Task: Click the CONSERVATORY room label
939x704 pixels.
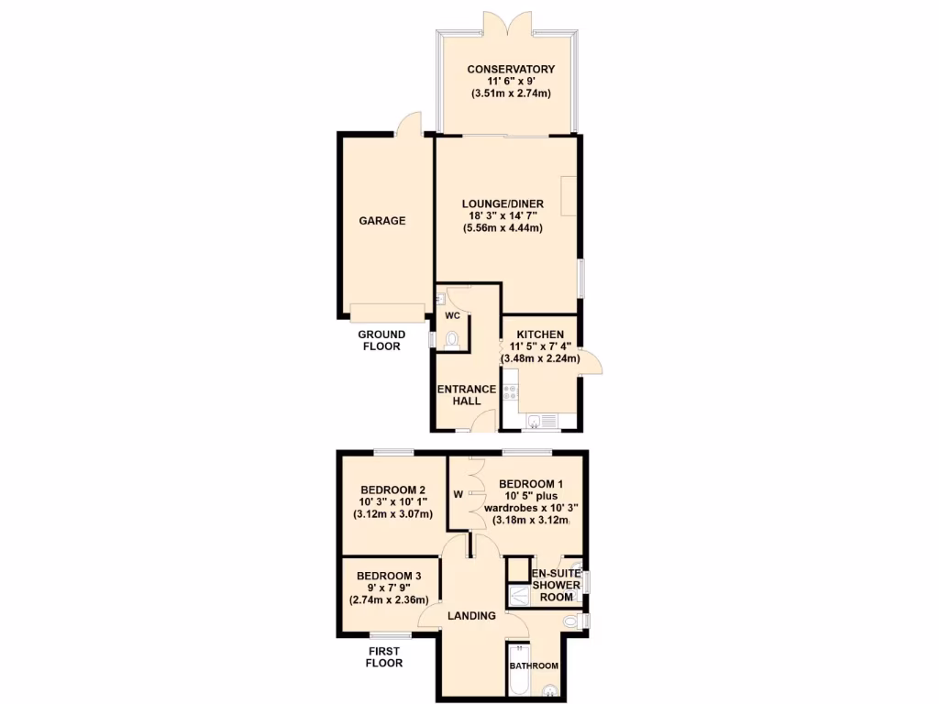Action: click(x=511, y=69)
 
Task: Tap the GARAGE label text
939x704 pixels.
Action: click(x=382, y=221)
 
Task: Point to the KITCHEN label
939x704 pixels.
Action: click(x=540, y=334)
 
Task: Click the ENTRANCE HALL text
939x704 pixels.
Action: click(x=467, y=395)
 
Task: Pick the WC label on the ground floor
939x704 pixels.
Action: click(x=451, y=315)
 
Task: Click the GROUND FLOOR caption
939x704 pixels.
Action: click(x=380, y=340)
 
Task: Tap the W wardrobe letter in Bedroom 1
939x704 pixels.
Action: click(x=458, y=495)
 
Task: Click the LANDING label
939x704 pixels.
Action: click(x=473, y=615)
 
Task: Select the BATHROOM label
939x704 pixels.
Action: click(x=534, y=665)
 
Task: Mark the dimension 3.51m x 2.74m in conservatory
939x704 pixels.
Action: click(x=511, y=93)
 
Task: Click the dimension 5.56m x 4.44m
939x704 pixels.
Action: click(x=503, y=228)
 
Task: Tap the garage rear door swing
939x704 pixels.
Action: click(x=410, y=124)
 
